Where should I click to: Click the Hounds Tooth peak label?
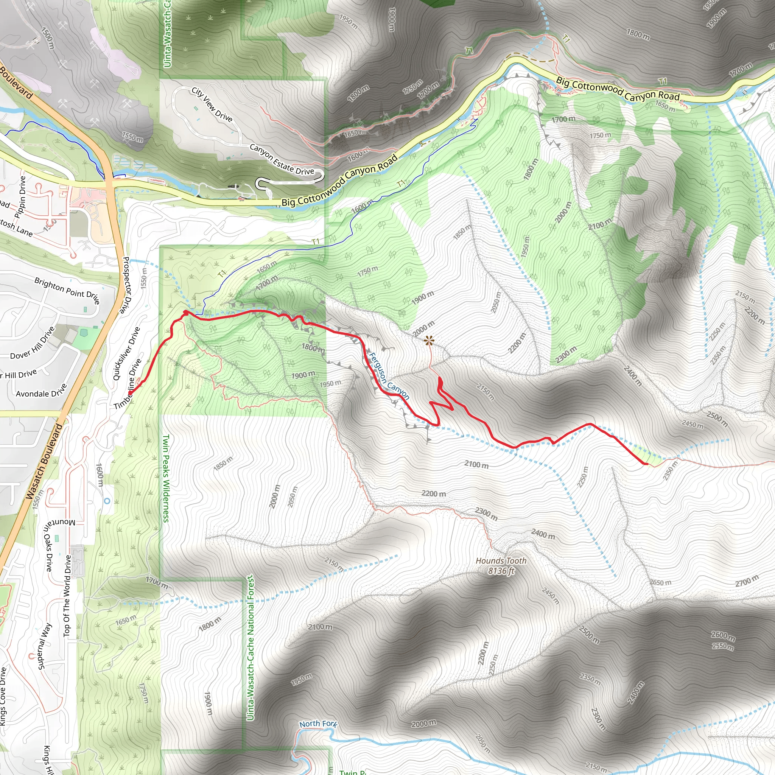pyautogui.click(x=501, y=565)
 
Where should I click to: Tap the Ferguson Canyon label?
pyautogui.click(x=388, y=376)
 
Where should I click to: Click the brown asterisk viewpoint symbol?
pyautogui.click(x=429, y=341)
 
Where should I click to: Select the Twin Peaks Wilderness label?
pyautogui.click(x=166, y=478)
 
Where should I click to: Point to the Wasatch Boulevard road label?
pyautogui.click(x=44, y=461)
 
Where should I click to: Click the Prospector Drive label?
pyautogui.click(x=126, y=285)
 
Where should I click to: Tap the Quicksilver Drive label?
pyautogui.click(x=126, y=353)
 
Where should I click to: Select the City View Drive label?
pyautogui.click(x=212, y=104)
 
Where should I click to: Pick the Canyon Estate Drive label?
pyautogui.click(x=282, y=160)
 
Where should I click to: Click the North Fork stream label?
pyautogui.click(x=318, y=724)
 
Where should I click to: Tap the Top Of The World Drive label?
pyautogui.click(x=67, y=595)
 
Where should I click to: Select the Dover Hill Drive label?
pyautogui.click(x=33, y=344)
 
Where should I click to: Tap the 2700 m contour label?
pyautogui.click(x=747, y=580)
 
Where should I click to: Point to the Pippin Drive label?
pyautogui.click(x=20, y=196)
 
